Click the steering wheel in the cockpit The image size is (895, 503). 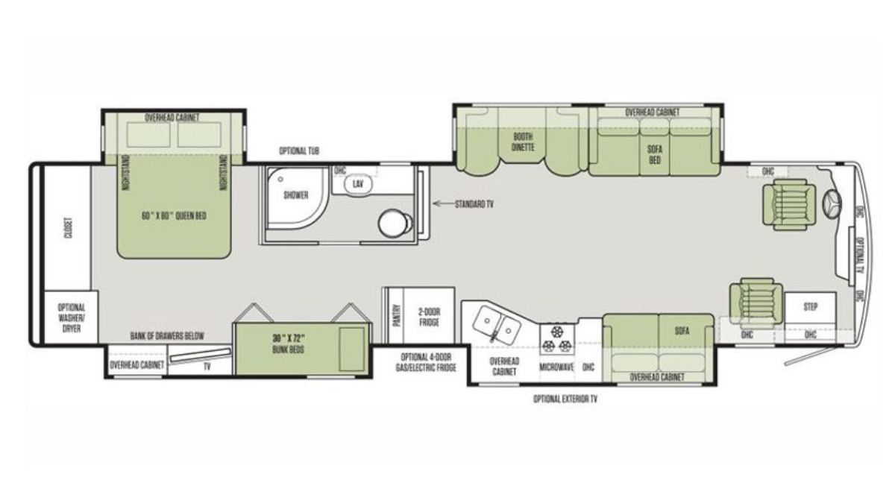click(832, 205)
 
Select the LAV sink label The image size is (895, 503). click(357, 184)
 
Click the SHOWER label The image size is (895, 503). click(296, 195)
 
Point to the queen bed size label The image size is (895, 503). click(175, 216)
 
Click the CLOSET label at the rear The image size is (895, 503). click(69, 228)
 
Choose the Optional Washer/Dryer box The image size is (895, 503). click(71, 317)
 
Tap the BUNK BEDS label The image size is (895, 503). click(289, 350)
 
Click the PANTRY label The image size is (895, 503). click(397, 316)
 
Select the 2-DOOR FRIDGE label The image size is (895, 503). click(429, 317)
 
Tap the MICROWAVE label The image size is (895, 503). click(556, 367)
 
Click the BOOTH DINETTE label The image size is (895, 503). click(523, 142)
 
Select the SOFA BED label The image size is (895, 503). click(655, 155)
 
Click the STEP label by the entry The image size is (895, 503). click(810, 307)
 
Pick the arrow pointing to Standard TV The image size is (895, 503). click(444, 204)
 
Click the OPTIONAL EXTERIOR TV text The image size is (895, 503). click(565, 399)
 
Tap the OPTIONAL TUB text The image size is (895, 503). click(299, 151)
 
